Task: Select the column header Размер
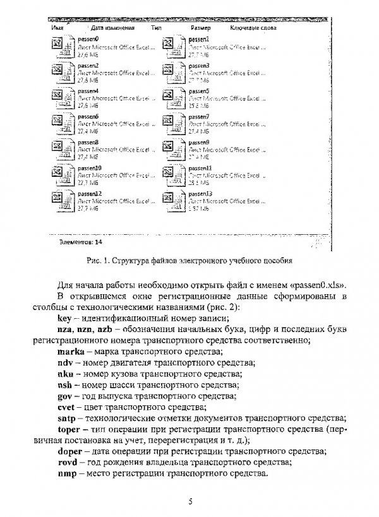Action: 200,28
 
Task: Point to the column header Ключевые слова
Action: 253,28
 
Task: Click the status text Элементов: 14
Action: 80,241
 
